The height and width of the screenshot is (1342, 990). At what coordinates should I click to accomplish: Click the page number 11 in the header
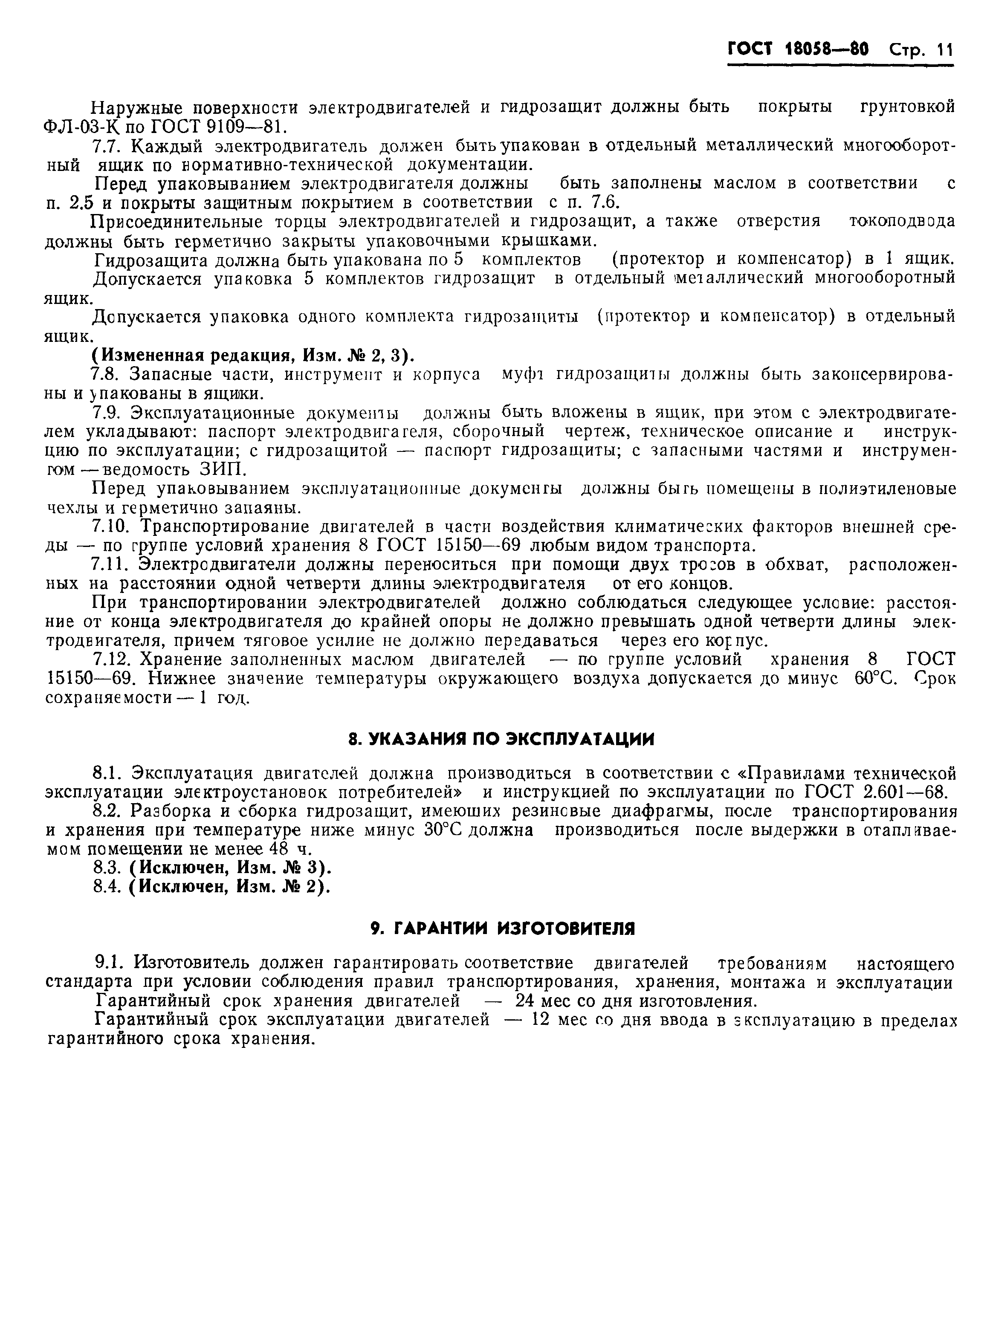tap(944, 50)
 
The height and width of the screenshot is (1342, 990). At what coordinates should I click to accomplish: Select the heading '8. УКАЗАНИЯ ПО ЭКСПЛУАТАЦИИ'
tap(501, 739)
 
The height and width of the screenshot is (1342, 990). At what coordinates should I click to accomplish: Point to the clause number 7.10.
tap(109, 526)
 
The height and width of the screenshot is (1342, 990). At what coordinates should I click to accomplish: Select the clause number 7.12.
tap(109, 659)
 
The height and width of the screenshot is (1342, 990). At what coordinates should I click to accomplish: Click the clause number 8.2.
tap(105, 811)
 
